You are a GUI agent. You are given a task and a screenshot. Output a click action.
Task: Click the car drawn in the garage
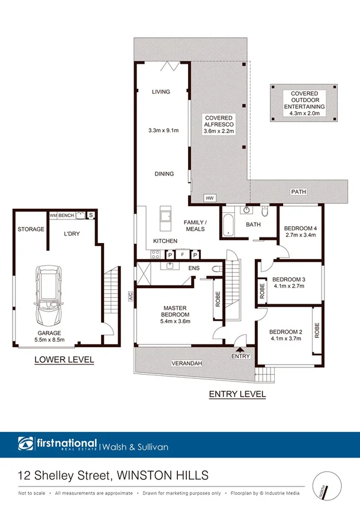click(49, 295)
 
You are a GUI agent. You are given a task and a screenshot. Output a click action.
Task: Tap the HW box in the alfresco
click(210, 198)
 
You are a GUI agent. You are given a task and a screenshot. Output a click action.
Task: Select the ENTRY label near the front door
click(240, 357)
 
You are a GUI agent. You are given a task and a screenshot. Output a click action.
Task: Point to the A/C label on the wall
click(129, 296)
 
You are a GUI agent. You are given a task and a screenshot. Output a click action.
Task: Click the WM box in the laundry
click(53, 215)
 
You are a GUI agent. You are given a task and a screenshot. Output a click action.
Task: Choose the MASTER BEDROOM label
click(177, 312)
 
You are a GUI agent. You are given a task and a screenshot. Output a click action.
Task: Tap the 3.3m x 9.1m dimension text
click(163, 131)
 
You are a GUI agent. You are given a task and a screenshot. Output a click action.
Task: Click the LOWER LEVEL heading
click(64, 360)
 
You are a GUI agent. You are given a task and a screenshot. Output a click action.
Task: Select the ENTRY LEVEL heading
click(237, 395)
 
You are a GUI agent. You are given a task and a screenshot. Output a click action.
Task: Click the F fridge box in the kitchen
click(182, 254)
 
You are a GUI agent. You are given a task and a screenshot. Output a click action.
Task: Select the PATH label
click(299, 192)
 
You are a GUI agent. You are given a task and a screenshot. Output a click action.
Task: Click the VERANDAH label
click(188, 363)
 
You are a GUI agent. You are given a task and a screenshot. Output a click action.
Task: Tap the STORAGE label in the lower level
click(31, 229)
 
